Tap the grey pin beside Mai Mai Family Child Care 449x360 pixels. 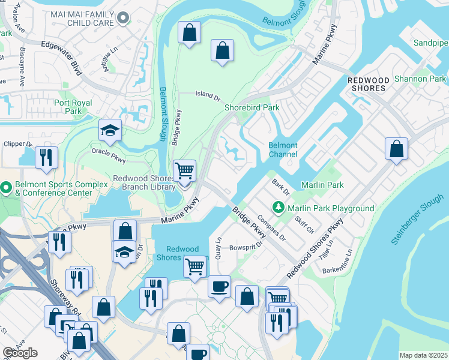click(x=124, y=19)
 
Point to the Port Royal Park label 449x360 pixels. click(x=73, y=107)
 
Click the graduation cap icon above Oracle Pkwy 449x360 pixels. click(x=110, y=131)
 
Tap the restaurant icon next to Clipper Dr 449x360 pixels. click(x=46, y=157)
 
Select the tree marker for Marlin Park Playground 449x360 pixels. click(x=278, y=208)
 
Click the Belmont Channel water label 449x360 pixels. click(x=283, y=149)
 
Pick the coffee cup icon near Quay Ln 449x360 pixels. click(x=219, y=286)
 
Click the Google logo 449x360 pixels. click(x=20, y=353)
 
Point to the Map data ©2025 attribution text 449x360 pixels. click(x=423, y=355)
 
